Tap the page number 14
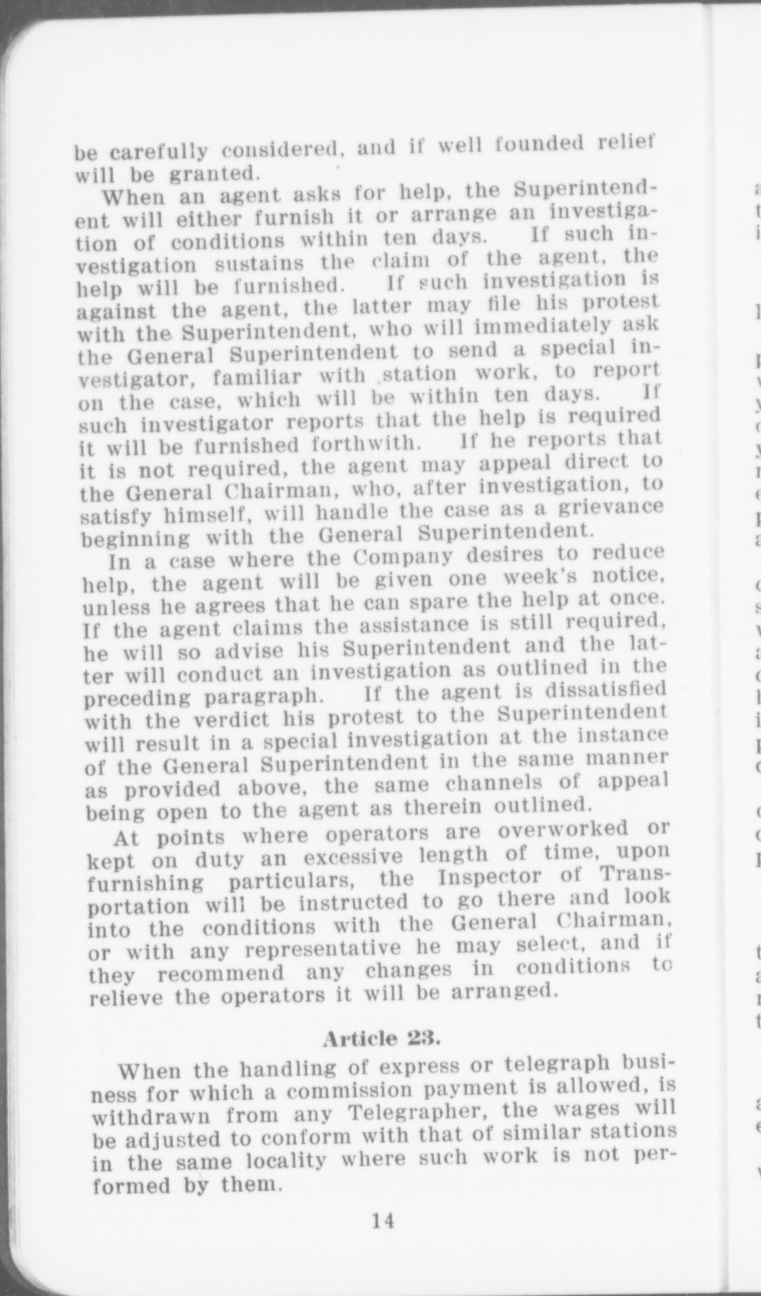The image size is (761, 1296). [383, 1220]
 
